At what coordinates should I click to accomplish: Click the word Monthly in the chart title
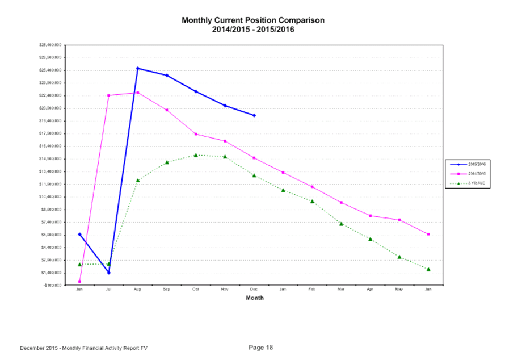pos(195,20)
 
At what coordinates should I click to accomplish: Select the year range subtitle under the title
pos(253,30)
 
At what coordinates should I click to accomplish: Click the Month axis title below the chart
pos(255,298)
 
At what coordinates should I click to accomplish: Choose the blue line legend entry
pos(467,165)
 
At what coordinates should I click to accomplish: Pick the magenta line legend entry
pos(467,174)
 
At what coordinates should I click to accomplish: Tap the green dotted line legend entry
pos(467,183)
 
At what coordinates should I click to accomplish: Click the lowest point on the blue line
pos(109,273)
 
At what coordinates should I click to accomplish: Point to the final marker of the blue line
pos(254,115)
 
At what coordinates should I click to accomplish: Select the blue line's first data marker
pos(79,233)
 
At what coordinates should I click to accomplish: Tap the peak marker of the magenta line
pos(138,92)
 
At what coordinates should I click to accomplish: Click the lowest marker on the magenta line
pos(79,282)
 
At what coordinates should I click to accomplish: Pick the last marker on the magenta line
pos(429,234)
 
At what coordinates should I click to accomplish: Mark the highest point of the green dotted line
pos(196,155)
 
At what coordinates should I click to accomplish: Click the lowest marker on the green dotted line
pos(429,270)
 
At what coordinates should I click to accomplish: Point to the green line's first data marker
pos(79,265)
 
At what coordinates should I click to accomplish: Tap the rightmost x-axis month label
pos(429,290)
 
